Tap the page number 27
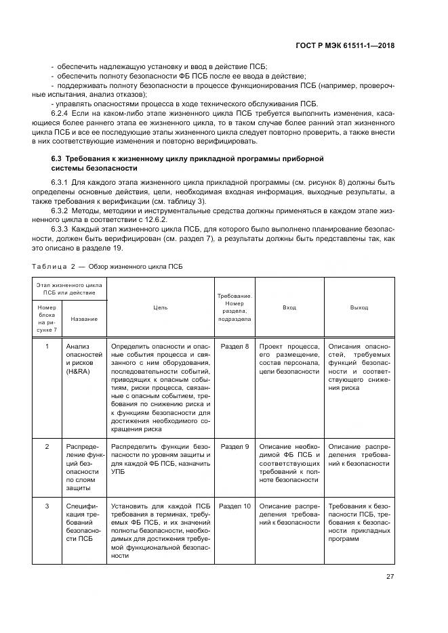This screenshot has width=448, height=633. click(390, 577)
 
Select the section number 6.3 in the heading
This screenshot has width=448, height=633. click(57, 158)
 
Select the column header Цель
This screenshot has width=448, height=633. click(160, 307)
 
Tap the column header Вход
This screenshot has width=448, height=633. click(289, 307)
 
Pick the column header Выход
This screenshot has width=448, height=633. click(359, 307)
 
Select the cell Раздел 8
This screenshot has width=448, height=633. click(235, 347)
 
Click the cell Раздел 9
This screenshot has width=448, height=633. click(235, 447)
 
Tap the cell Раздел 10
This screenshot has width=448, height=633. click(235, 506)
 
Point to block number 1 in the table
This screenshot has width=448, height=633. click(47, 347)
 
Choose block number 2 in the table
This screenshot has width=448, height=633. click(47, 447)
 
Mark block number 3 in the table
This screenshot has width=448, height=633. click(47, 506)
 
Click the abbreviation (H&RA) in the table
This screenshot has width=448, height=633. click(77, 372)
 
